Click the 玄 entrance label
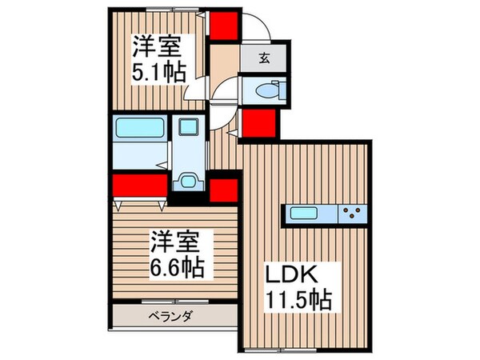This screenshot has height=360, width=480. [265, 57]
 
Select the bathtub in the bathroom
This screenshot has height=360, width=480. [140, 127]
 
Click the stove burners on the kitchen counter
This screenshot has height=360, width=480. [352, 214]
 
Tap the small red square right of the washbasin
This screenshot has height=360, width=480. [223, 190]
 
